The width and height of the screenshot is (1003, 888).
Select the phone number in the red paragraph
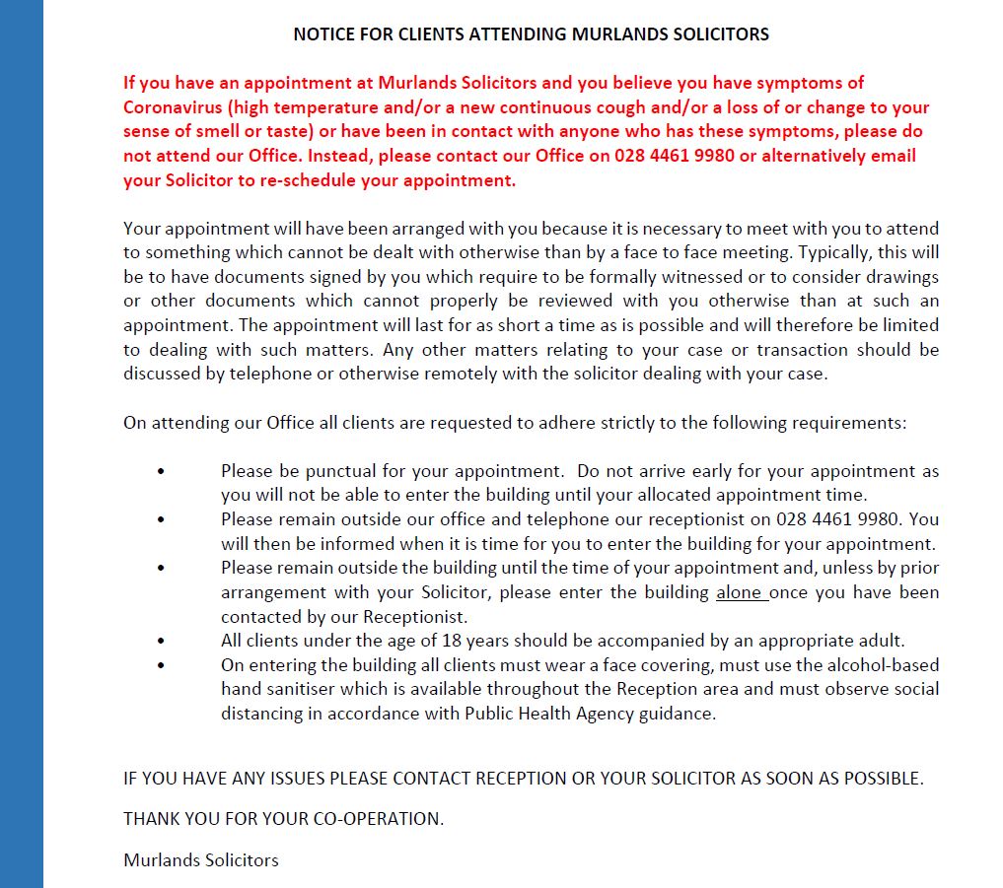[x=675, y=156]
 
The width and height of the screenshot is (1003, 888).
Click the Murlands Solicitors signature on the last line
[x=201, y=860]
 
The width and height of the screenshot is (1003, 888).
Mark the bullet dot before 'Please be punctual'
[x=161, y=471]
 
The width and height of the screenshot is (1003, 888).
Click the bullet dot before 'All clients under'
[x=161, y=641]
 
